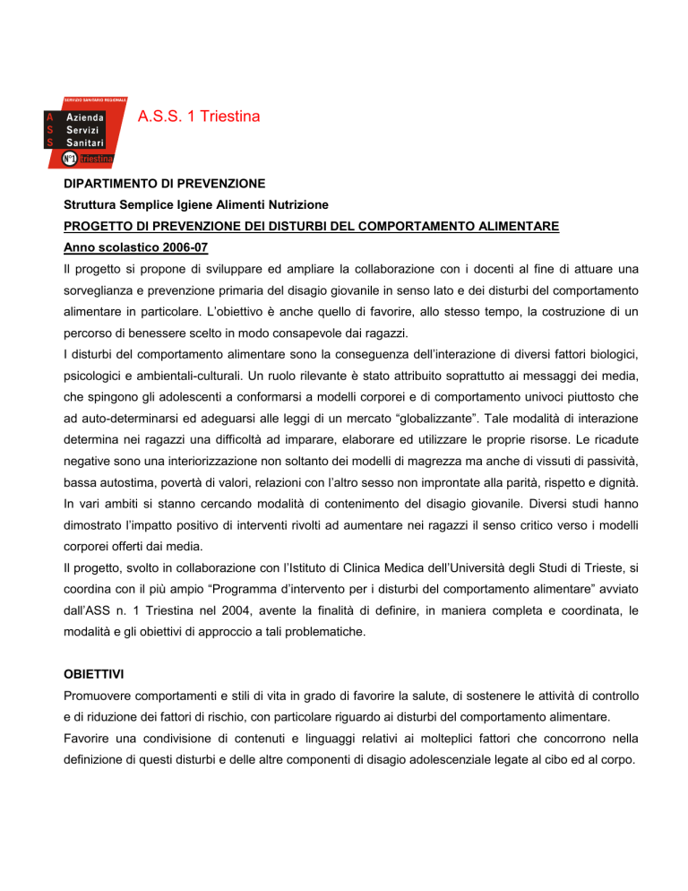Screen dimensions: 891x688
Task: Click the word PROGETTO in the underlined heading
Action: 97,228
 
